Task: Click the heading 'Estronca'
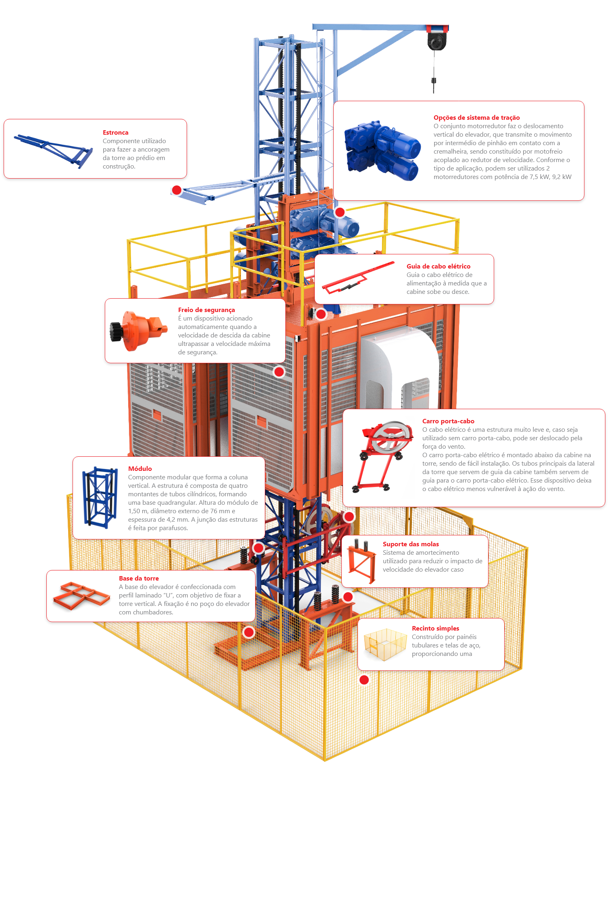[x=115, y=133]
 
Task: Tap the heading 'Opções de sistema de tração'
[x=476, y=118]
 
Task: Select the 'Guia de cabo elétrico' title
[x=438, y=266]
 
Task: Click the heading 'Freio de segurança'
[x=206, y=310]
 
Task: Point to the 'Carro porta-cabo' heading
[x=448, y=421]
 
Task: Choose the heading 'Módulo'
[x=140, y=469]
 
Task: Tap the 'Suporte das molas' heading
[x=411, y=544]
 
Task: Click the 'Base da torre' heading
[x=139, y=579]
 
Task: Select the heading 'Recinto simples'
[x=435, y=629]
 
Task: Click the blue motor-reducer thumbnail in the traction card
[x=382, y=151]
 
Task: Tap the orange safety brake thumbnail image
[x=137, y=331]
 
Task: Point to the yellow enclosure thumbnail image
[x=385, y=644]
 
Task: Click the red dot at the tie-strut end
[x=177, y=190]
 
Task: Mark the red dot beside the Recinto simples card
[x=364, y=680]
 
